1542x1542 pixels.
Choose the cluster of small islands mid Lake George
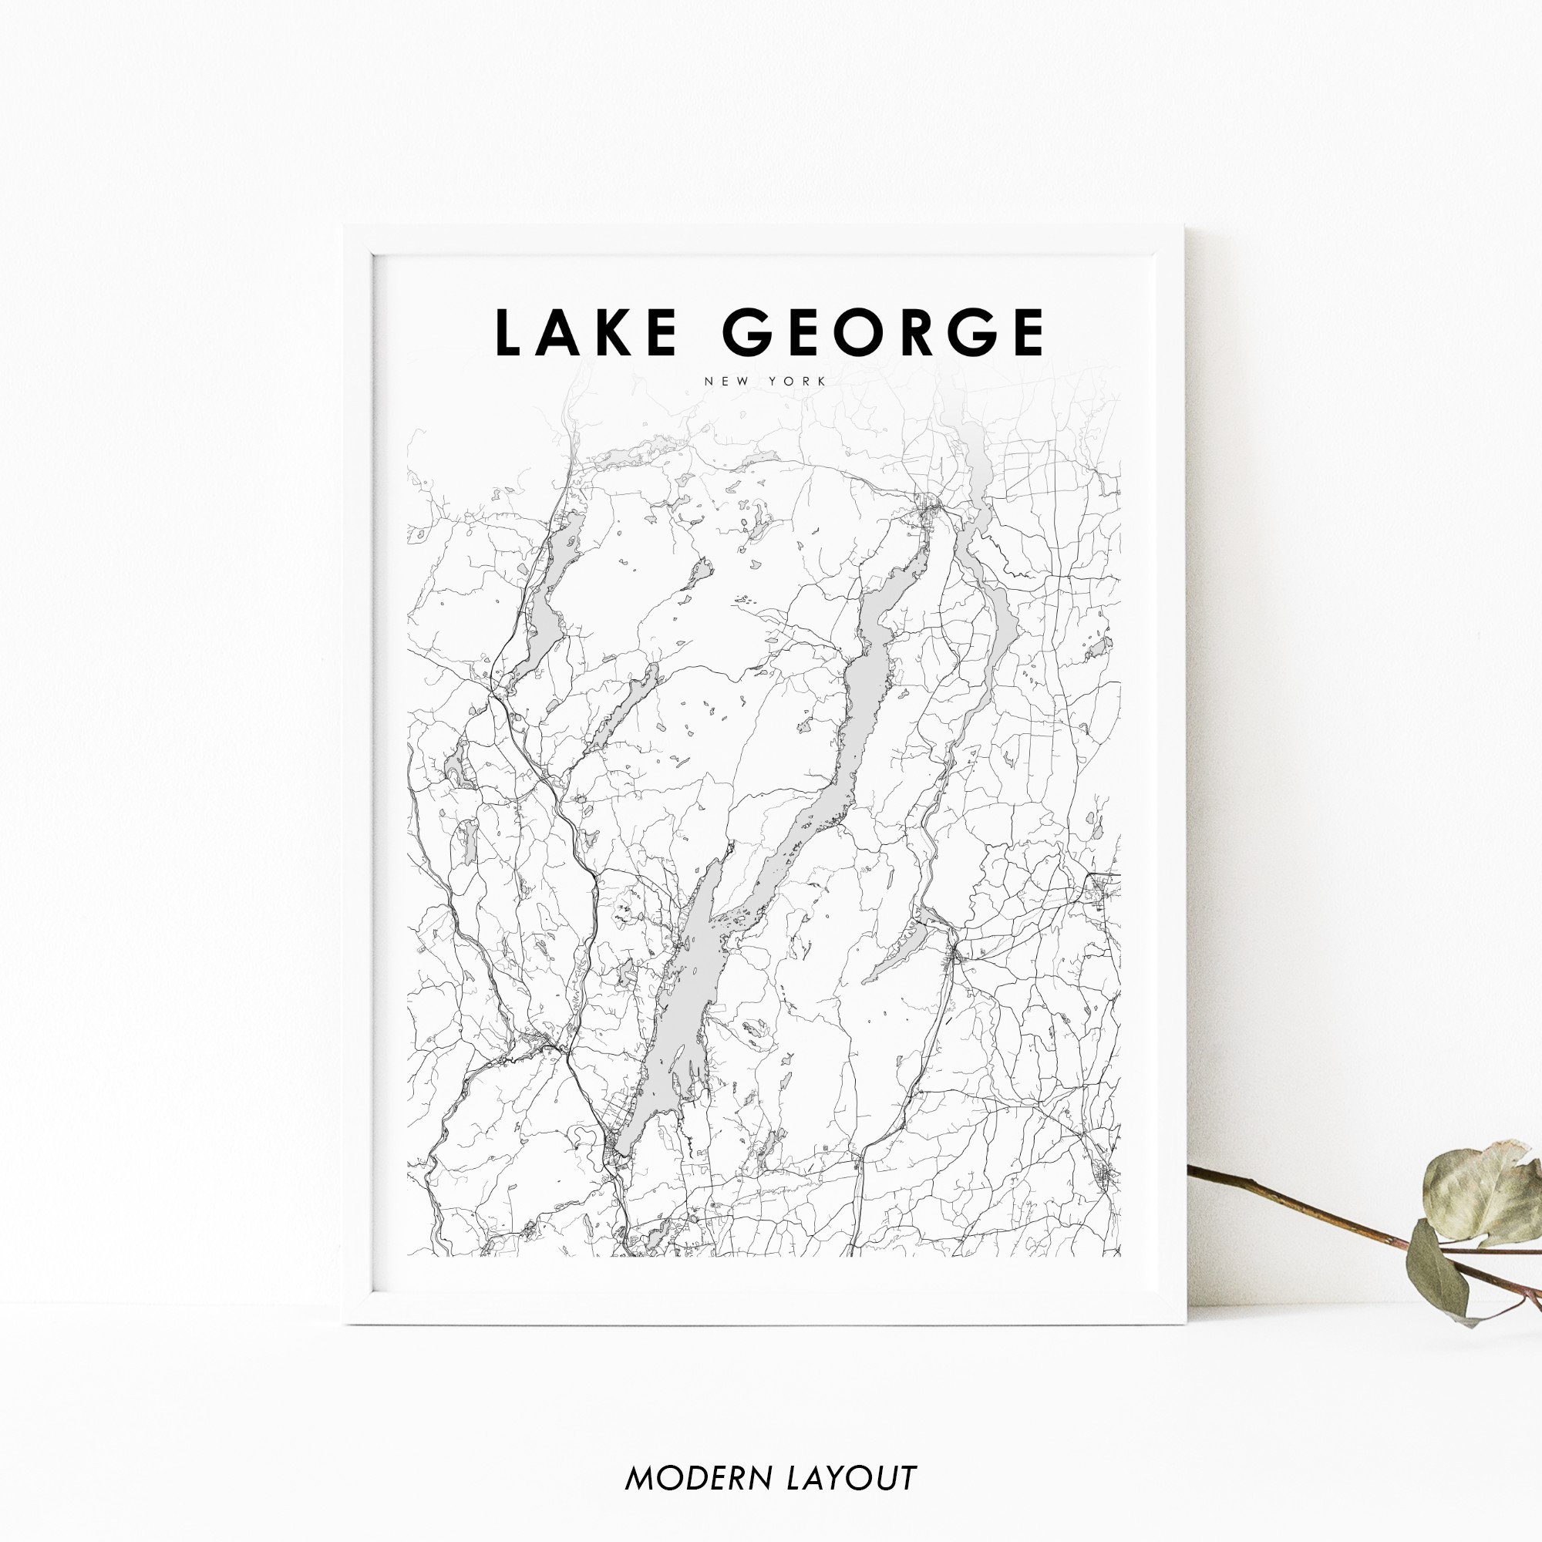coord(739,917)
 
